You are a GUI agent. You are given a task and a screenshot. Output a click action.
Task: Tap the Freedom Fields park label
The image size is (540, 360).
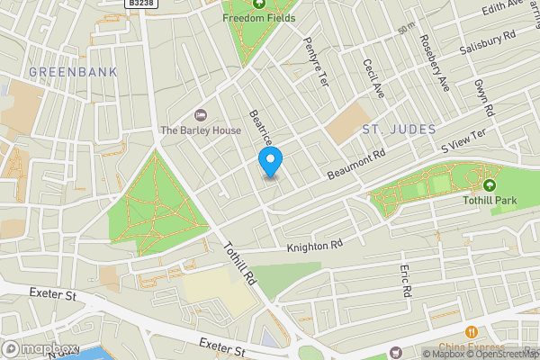pos(259,17)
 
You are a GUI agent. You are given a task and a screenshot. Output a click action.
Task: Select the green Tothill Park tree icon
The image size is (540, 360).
pos(490,184)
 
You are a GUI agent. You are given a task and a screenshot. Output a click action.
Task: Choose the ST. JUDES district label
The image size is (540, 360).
pos(399,130)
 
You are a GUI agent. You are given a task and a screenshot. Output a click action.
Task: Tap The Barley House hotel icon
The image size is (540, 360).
pos(201,114)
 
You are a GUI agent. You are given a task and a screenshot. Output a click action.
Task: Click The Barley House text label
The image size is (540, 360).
pos(201,130)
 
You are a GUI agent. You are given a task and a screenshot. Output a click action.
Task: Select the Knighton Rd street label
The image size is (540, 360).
pos(315,245)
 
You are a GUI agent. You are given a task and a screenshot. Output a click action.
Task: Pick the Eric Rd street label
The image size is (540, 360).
pos(406,281)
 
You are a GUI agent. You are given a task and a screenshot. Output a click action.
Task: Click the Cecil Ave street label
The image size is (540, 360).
pos(373,78)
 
